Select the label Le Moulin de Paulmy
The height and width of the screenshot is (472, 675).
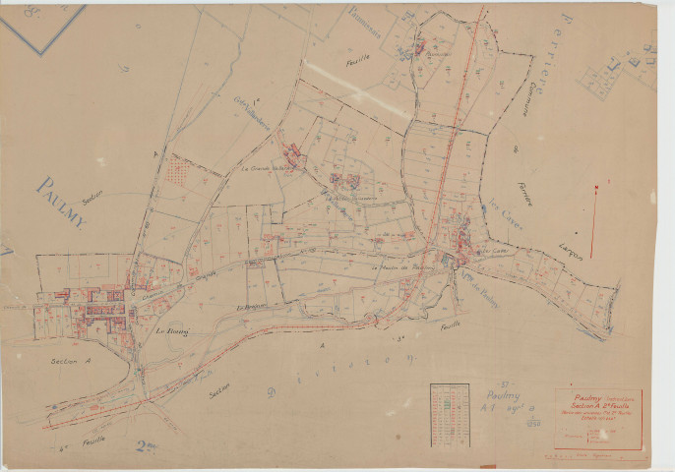coord(402,268)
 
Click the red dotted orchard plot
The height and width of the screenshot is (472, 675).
coord(177,172)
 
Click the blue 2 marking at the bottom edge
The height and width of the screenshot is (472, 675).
coord(147,448)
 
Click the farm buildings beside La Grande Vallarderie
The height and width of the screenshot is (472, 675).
coord(293,153)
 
